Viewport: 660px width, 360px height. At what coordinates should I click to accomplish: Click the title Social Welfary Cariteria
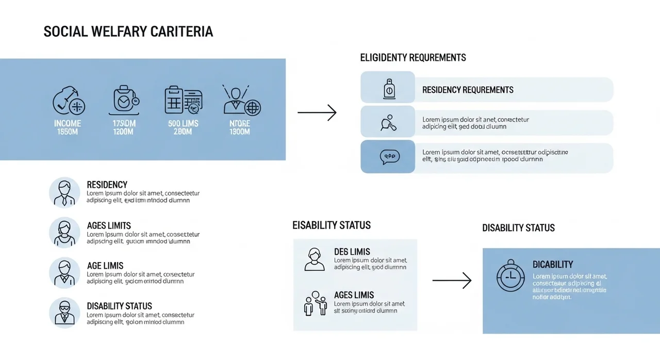click(128, 31)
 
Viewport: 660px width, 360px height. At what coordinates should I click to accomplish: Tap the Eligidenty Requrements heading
click(412, 58)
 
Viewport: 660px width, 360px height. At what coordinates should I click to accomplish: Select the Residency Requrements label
click(468, 90)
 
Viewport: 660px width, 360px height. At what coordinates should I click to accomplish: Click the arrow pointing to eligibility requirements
click(317, 112)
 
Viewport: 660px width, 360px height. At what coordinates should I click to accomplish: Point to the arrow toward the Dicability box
click(452, 280)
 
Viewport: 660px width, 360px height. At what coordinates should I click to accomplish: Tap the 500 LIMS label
click(183, 124)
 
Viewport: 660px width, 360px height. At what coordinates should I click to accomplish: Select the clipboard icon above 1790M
click(124, 100)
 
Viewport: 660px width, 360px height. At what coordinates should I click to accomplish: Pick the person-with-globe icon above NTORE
click(241, 100)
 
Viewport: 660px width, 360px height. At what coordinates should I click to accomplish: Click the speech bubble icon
click(389, 157)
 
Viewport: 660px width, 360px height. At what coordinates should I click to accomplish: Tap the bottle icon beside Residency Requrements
click(389, 89)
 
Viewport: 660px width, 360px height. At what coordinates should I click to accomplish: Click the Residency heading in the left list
click(107, 185)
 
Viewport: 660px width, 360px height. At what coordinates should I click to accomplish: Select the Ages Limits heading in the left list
click(109, 226)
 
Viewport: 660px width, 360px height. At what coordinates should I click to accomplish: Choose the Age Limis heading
click(105, 266)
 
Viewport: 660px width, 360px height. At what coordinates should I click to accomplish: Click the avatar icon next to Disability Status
click(64, 313)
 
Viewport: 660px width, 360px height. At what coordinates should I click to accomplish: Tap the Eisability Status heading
click(331, 225)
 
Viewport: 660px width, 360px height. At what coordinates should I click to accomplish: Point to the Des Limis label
click(352, 252)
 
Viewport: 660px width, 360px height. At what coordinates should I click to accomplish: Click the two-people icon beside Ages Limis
click(315, 303)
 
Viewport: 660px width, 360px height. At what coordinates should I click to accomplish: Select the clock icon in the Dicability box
click(510, 276)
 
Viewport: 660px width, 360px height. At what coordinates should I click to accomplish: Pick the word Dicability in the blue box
click(553, 265)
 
